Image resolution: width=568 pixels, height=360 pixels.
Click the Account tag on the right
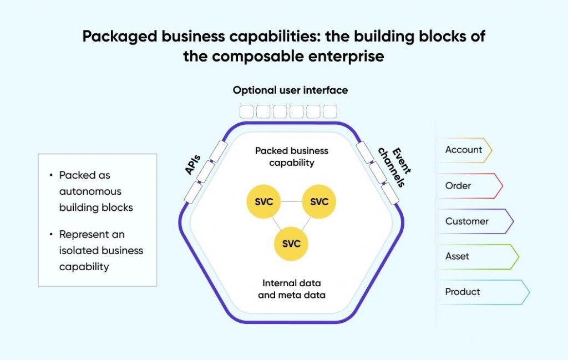464,150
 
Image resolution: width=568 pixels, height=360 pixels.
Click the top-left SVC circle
263,202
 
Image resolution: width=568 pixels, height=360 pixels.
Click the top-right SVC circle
319,202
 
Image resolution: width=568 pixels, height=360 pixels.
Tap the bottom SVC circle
291,244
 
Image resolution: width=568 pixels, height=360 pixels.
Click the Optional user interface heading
290,90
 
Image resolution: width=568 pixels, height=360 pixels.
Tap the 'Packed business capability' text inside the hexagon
291,156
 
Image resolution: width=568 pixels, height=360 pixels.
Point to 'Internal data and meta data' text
291,289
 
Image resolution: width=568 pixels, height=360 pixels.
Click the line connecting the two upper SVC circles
291,202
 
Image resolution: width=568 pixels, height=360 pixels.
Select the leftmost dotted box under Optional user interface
247,111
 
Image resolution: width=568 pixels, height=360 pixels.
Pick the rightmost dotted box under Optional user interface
330,111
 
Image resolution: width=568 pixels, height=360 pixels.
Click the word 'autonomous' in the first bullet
90,191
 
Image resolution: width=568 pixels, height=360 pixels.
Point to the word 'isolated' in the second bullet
78,251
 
